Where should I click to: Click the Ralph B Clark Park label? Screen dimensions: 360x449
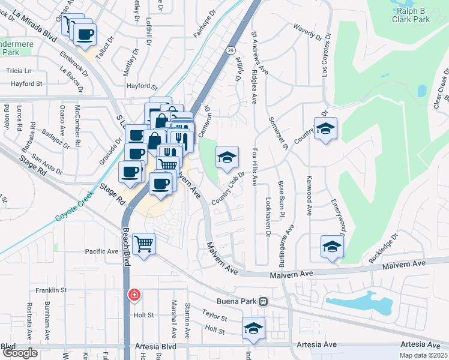[413, 15]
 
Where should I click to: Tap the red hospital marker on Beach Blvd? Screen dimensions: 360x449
[134, 295]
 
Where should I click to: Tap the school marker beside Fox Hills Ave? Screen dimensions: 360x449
[227, 158]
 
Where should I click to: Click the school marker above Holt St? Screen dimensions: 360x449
[253, 328]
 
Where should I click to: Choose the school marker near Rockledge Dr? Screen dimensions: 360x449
[331, 246]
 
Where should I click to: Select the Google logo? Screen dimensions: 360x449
[19, 353]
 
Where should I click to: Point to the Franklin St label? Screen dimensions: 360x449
[50, 290]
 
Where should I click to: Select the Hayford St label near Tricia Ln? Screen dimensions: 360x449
[26, 84]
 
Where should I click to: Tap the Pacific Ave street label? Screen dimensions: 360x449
[102, 251]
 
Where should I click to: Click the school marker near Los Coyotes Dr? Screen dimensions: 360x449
[325, 128]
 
